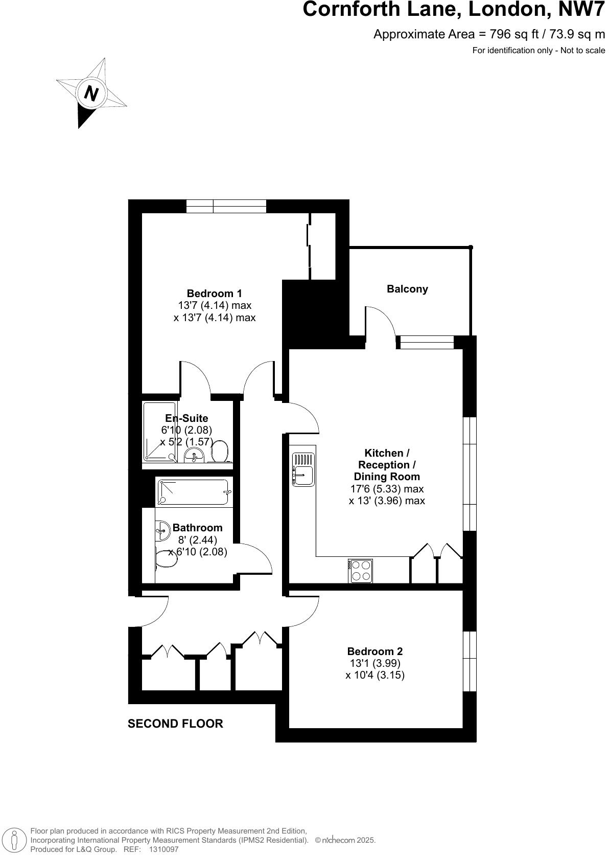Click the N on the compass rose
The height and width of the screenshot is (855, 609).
click(x=91, y=94)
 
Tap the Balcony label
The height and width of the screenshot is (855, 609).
click(x=407, y=289)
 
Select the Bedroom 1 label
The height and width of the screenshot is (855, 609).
click(x=214, y=294)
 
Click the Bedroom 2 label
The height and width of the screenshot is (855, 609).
click(x=374, y=651)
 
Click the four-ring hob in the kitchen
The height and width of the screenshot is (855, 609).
click(x=360, y=571)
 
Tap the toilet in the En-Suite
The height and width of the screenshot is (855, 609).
click(x=220, y=452)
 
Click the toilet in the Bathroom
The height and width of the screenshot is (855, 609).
click(x=166, y=559)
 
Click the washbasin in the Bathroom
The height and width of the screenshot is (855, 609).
click(x=162, y=530)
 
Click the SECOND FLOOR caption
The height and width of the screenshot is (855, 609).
click(x=175, y=724)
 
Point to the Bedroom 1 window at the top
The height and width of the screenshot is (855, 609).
click(x=226, y=206)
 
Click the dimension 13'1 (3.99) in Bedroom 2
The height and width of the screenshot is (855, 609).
click(x=374, y=663)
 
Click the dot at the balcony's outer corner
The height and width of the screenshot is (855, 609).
click(x=471, y=247)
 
